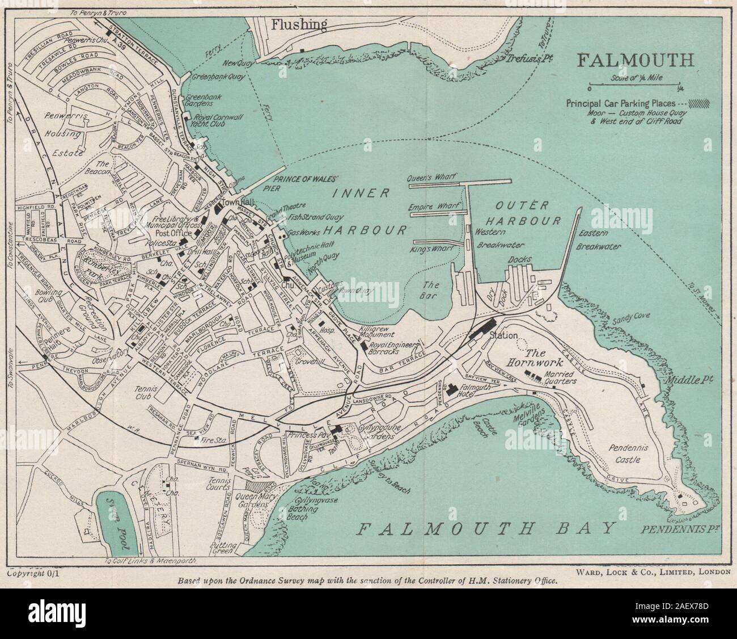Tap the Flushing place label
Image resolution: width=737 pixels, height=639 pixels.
pos(299,24)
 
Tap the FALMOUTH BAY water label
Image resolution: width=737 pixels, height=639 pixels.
pos(488,529)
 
